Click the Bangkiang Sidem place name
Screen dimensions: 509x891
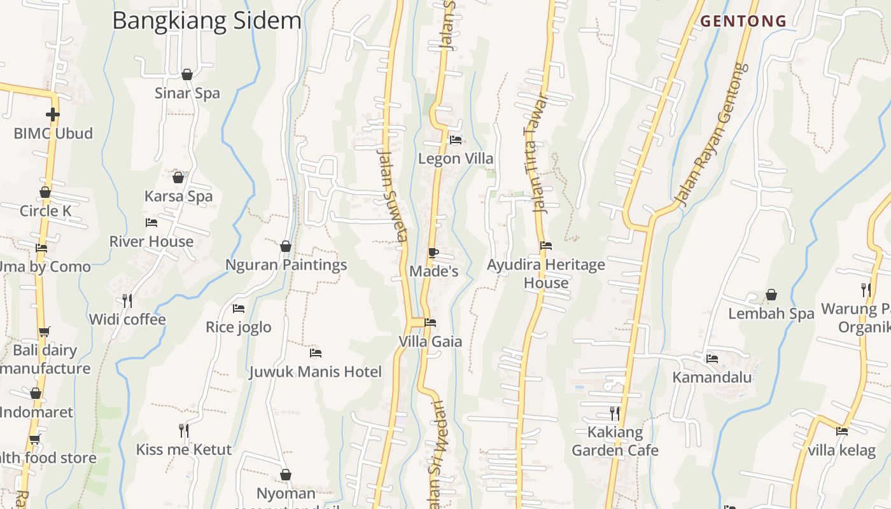(x=206, y=20)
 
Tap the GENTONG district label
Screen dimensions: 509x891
(x=743, y=21)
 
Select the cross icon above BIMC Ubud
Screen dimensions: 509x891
(x=53, y=115)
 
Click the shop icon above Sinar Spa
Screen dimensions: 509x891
(x=187, y=74)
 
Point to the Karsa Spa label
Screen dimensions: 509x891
(x=178, y=196)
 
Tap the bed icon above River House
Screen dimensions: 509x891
(x=151, y=222)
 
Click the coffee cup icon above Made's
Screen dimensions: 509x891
(x=433, y=253)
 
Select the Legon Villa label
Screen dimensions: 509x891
(x=456, y=158)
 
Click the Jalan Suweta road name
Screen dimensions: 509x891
(x=392, y=195)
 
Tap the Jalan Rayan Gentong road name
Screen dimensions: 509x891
(x=711, y=135)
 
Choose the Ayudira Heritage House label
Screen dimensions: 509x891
(x=546, y=274)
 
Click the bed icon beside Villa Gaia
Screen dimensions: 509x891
(x=430, y=323)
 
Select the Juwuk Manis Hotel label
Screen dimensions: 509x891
(x=316, y=372)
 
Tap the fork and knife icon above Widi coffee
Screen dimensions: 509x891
(x=127, y=300)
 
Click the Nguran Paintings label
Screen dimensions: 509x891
(x=286, y=265)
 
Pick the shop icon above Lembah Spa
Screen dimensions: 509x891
(x=771, y=295)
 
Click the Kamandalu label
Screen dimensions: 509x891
(x=712, y=377)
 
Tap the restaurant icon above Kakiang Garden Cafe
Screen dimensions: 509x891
(x=615, y=413)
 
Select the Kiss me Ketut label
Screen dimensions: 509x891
(x=184, y=449)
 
